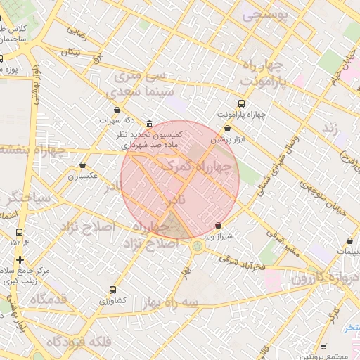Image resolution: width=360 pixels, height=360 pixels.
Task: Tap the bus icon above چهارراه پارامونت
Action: coord(242,103)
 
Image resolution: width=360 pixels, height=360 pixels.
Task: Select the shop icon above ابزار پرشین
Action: coord(227,128)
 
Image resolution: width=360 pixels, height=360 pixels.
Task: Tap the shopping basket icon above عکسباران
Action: coord(83,165)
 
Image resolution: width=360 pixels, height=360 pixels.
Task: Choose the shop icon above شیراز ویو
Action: coord(218,226)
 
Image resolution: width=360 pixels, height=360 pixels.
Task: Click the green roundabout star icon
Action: coord(197,246)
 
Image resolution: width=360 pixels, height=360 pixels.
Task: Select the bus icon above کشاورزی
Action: coord(112,290)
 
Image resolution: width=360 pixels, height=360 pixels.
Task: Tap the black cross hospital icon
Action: coord(20,259)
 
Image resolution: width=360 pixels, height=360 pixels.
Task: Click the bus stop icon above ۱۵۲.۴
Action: coord(19,232)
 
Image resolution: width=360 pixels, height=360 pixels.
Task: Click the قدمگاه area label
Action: coord(48,300)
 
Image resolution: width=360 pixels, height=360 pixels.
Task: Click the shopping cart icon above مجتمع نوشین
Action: coord(323,346)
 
